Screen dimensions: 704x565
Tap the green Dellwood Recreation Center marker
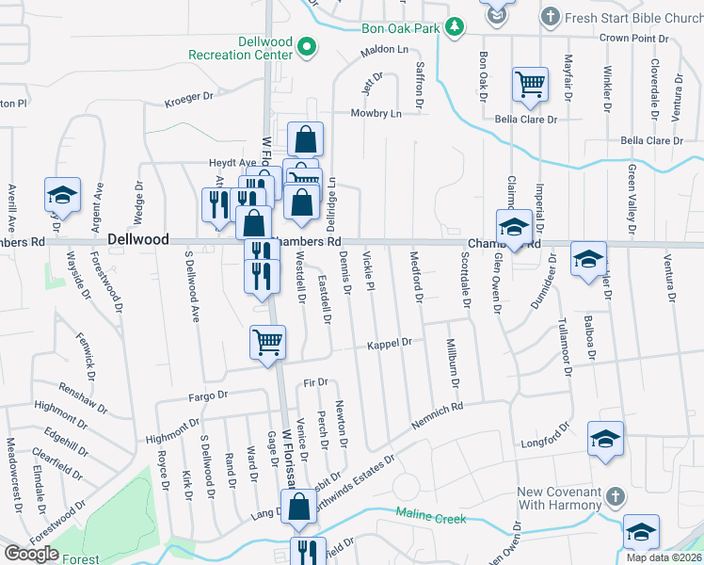pyautogui.click(x=306, y=45)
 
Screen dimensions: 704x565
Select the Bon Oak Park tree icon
pyautogui.click(x=456, y=27)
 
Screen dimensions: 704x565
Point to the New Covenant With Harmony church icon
pyautogui.click(x=613, y=494)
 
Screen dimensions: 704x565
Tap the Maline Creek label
pyautogui.click(x=430, y=515)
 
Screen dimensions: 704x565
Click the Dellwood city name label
pyautogui.click(x=137, y=240)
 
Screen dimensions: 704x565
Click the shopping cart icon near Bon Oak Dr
pyautogui.click(x=530, y=84)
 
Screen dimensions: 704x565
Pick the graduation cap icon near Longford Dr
pyautogui.click(x=605, y=438)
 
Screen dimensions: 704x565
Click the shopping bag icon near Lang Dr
pyautogui.click(x=300, y=507)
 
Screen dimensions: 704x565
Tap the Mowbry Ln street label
pyautogui.click(x=376, y=113)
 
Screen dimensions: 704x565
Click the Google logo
pyautogui.click(x=31, y=554)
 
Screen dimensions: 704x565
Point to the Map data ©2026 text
pyautogui.click(x=663, y=557)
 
